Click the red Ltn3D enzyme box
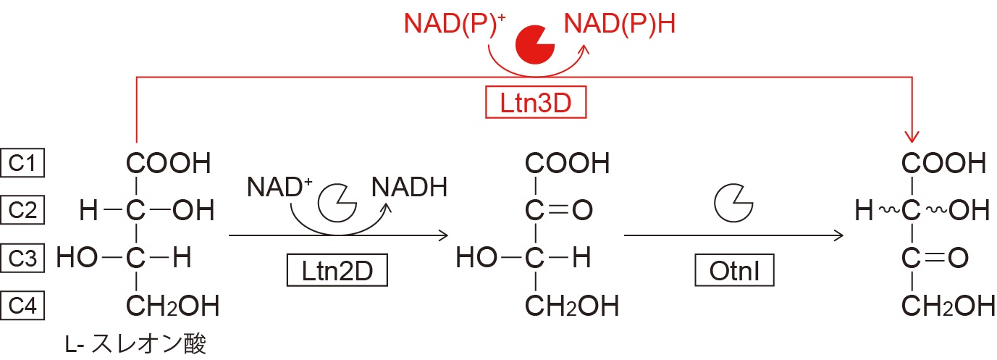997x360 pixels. coord(535,104)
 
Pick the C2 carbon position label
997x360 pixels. coord(23,211)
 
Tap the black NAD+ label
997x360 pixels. coord(279,187)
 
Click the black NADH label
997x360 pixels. coord(410,187)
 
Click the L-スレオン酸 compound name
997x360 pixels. coord(135,343)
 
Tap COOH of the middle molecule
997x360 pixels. coord(568,164)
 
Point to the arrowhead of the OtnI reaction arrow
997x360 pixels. coord(839,235)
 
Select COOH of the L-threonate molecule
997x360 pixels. coord(169,164)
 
